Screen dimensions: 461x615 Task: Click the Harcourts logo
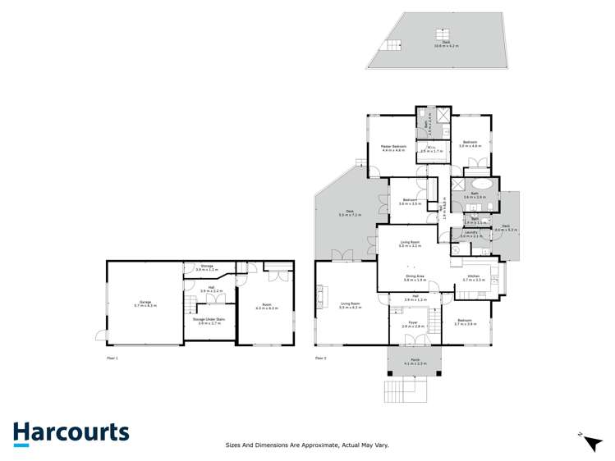pos(71,433)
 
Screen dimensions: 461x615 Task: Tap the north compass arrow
pos(592,442)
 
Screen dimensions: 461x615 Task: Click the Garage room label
pos(145,303)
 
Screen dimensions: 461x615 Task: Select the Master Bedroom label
pos(393,148)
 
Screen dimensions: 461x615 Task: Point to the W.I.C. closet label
pos(431,149)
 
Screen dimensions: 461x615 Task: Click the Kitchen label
pos(475,278)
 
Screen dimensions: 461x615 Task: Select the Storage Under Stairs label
pos(210,321)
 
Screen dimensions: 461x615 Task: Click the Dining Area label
pos(414,278)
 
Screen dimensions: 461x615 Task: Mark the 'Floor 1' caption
pos(112,358)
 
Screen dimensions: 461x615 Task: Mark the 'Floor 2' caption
pos(320,358)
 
